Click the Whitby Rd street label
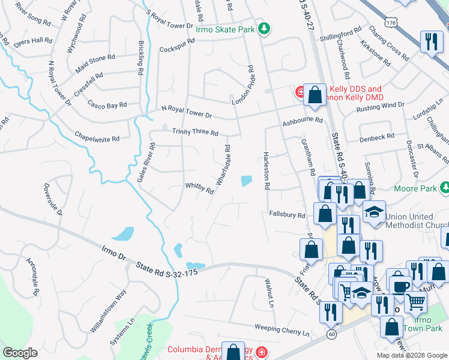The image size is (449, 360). click(x=200, y=189)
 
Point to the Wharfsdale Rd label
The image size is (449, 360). click(x=224, y=164)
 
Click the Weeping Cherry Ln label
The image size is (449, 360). click(x=282, y=330)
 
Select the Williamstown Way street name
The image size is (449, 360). click(x=108, y=305)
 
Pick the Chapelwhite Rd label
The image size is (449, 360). click(x=97, y=136)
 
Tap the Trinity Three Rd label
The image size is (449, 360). click(x=195, y=132)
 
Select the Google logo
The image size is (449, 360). click(x=20, y=353)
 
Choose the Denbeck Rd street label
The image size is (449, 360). click(x=376, y=137)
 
